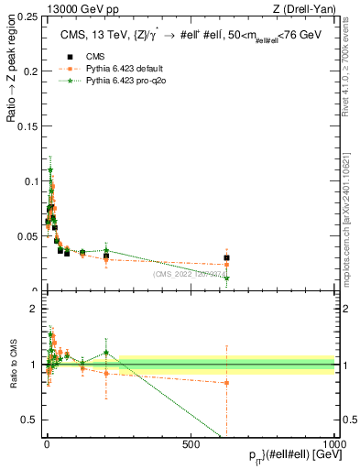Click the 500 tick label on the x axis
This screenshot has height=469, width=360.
[x=191, y=443]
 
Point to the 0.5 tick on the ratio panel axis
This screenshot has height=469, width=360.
[x=29, y=394]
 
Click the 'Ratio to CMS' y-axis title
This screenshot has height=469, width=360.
[x=13, y=365]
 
